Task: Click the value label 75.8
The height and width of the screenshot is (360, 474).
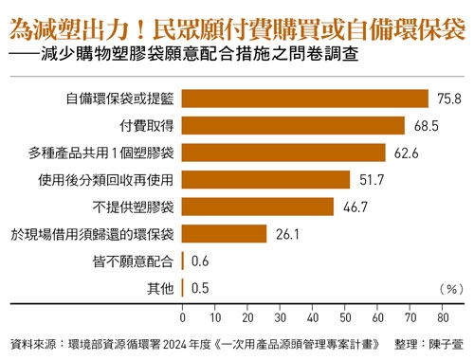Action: [x=446, y=98]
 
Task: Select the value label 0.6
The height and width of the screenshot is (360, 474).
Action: [x=200, y=261]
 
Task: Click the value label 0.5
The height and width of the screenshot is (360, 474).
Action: [x=200, y=289]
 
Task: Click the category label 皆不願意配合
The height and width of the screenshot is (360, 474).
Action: [x=134, y=261]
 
